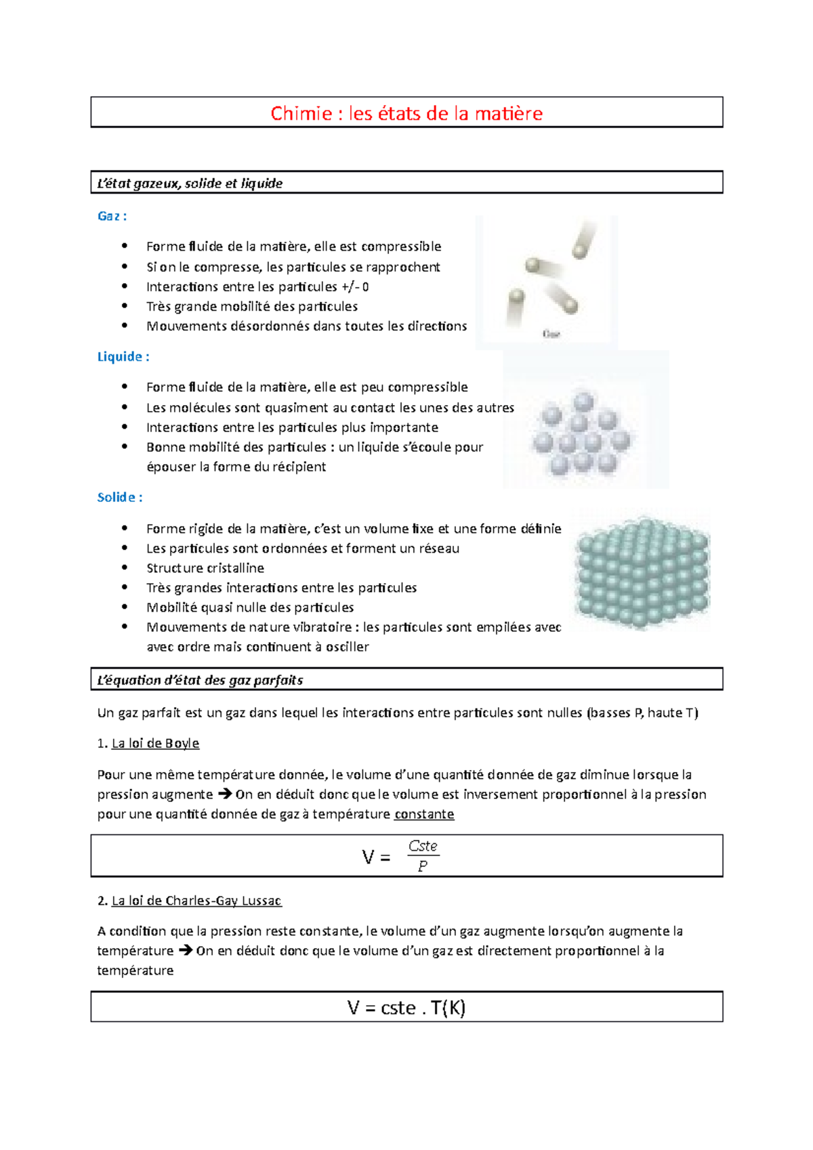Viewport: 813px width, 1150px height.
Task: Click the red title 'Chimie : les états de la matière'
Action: pos(406,113)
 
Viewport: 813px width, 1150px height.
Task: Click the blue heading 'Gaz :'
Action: pos(112,216)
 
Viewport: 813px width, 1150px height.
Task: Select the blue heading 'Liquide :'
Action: pos(123,357)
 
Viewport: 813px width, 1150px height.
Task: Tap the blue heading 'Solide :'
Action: pos(119,498)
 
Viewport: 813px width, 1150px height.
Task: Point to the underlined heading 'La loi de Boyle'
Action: pos(155,743)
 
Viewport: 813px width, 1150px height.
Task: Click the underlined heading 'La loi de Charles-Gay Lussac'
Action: pos(196,901)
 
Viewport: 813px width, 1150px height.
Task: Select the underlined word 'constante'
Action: pos(424,814)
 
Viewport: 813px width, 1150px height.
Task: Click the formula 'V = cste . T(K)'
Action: pos(406,1008)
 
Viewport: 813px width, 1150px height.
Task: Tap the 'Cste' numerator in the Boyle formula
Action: pos(423,846)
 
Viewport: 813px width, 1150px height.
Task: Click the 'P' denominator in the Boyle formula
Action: pos(423,866)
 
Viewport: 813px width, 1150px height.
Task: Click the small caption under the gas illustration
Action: pos(551,334)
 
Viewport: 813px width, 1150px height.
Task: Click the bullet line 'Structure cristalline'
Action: pos(205,568)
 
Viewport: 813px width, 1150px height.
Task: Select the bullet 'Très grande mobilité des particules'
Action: pos(252,306)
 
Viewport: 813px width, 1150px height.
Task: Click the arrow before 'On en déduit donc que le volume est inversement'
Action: pos(224,794)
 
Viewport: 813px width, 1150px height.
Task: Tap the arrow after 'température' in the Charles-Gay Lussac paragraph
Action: pos(185,951)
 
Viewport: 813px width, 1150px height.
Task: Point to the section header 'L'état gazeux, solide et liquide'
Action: pos(190,184)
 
